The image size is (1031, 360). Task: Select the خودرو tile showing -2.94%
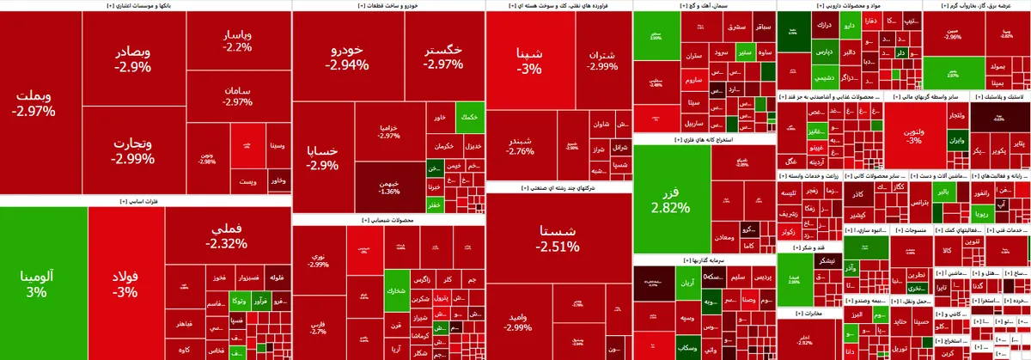click(x=348, y=57)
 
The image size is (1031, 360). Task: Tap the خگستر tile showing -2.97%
click(x=442, y=57)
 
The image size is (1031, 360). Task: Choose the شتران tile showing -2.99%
click(x=601, y=60)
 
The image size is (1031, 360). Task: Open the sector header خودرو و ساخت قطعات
click(x=388, y=5)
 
